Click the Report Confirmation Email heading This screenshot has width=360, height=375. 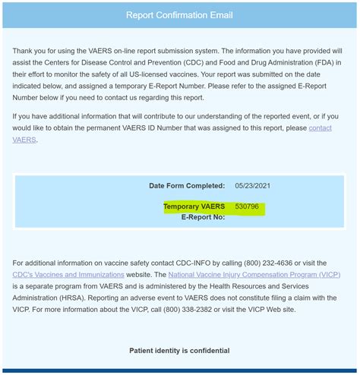(x=179, y=15)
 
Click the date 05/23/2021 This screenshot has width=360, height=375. (x=252, y=185)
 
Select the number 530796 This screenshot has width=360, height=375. (x=248, y=206)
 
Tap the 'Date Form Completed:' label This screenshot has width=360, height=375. (x=187, y=185)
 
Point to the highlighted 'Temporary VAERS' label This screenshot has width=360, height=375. (x=194, y=206)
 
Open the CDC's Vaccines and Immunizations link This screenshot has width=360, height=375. (x=68, y=274)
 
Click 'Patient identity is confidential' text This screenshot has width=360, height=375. (x=180, y=351)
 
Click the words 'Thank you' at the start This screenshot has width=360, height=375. (x=30, y=50)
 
